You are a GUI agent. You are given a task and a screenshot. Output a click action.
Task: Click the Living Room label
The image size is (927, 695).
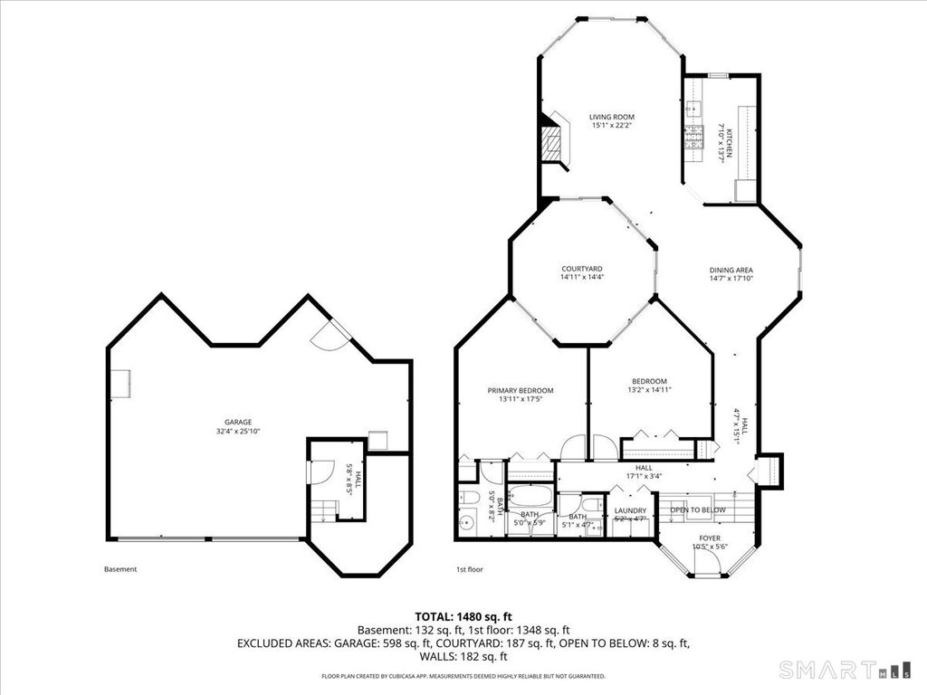611,117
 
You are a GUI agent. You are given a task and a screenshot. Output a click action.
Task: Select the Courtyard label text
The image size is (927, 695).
582,269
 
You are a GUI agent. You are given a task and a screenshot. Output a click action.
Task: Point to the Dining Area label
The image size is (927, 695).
731,270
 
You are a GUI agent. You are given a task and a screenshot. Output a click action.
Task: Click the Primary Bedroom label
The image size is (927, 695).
521,391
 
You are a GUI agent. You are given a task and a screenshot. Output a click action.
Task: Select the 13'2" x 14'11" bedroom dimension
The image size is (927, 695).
649,389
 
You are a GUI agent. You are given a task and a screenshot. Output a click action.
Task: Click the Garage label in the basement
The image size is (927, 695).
238,422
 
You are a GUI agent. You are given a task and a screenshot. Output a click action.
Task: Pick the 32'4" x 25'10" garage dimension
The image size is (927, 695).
238,431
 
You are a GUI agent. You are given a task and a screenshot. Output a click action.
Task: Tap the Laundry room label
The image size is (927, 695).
629,510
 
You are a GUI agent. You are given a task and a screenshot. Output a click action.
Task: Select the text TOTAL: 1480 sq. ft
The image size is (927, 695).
463,615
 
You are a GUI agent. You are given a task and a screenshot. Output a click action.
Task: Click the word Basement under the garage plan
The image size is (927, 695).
120,569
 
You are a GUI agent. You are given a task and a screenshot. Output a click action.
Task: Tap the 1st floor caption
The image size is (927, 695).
471,569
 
